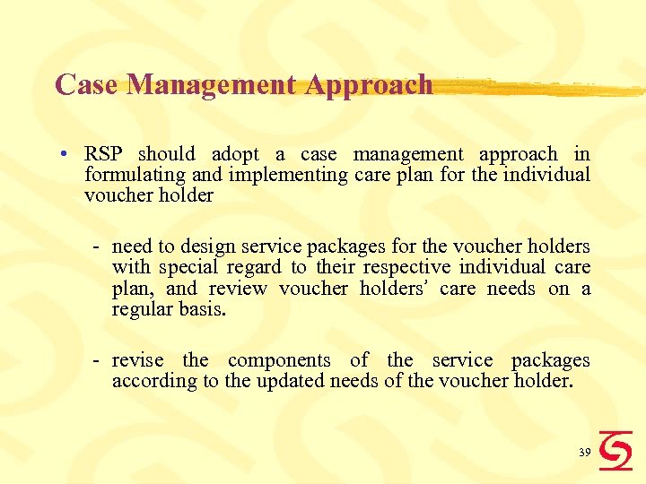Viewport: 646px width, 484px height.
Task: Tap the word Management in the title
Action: point(212,85)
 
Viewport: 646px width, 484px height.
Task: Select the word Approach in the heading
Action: point(369,85)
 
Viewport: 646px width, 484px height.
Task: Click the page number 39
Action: point(584,454)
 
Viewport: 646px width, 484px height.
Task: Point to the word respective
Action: point(406,267)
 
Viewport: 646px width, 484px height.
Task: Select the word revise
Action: point(137,360)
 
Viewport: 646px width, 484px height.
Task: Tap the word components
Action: point(279,360)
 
